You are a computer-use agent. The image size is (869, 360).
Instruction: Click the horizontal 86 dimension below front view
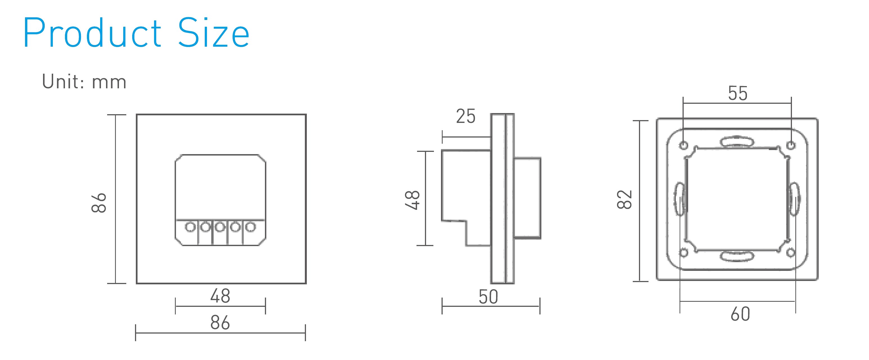[x=220, y=323]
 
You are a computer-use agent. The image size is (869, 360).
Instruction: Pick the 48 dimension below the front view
[x=220, y=296]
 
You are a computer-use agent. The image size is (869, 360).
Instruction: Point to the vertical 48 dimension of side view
[x=412, y=200]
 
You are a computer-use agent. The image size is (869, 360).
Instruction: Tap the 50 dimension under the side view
[x=488, y=297]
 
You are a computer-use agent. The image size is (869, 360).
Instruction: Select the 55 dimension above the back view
[x=737, y=93]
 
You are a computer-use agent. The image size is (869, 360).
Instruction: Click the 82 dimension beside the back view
[x=624, y=199]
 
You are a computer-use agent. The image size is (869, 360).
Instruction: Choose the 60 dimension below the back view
[x=740, y=314]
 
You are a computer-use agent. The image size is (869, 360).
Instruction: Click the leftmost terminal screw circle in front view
[x=190, y=227]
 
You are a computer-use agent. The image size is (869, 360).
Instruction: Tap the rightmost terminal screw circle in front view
[x=250, y=227]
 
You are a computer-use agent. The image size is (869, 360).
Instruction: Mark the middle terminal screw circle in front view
[x=220, y=227]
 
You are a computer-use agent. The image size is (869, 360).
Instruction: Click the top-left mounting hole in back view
[x=683, y=145]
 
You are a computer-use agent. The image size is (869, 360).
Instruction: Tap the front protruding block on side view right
[x=527, y=198]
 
